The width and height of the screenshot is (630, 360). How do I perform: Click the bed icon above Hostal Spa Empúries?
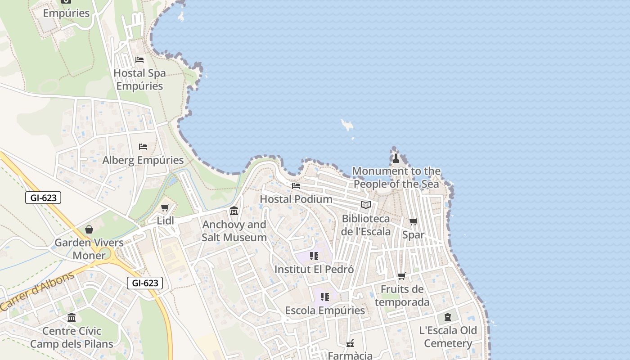139,60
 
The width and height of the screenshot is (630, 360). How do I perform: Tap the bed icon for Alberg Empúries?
143,147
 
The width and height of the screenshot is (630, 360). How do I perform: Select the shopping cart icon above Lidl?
165,208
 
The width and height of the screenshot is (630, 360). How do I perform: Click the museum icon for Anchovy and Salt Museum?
234,211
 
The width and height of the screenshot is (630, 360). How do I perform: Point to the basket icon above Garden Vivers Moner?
89,229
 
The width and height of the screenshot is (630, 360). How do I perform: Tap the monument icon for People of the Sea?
396,158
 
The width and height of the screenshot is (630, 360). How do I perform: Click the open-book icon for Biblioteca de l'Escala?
366,205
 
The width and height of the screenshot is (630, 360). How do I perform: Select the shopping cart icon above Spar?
413,221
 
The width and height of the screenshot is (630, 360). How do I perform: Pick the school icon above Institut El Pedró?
314,256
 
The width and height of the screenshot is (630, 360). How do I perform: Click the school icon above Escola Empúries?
325,297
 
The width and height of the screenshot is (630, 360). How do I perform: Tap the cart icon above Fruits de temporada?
401,276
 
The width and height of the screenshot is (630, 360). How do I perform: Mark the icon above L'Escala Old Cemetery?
448,317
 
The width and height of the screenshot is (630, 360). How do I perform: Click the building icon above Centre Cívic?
72,318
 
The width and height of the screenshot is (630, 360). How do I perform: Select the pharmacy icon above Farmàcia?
350,343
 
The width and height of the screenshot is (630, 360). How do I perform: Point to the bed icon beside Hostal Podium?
296,185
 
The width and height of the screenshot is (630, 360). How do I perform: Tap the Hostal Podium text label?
296,199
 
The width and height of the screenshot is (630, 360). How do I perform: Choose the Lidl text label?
165,220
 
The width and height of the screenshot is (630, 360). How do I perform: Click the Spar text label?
413,234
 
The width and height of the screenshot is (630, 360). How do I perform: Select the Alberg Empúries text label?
143,160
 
